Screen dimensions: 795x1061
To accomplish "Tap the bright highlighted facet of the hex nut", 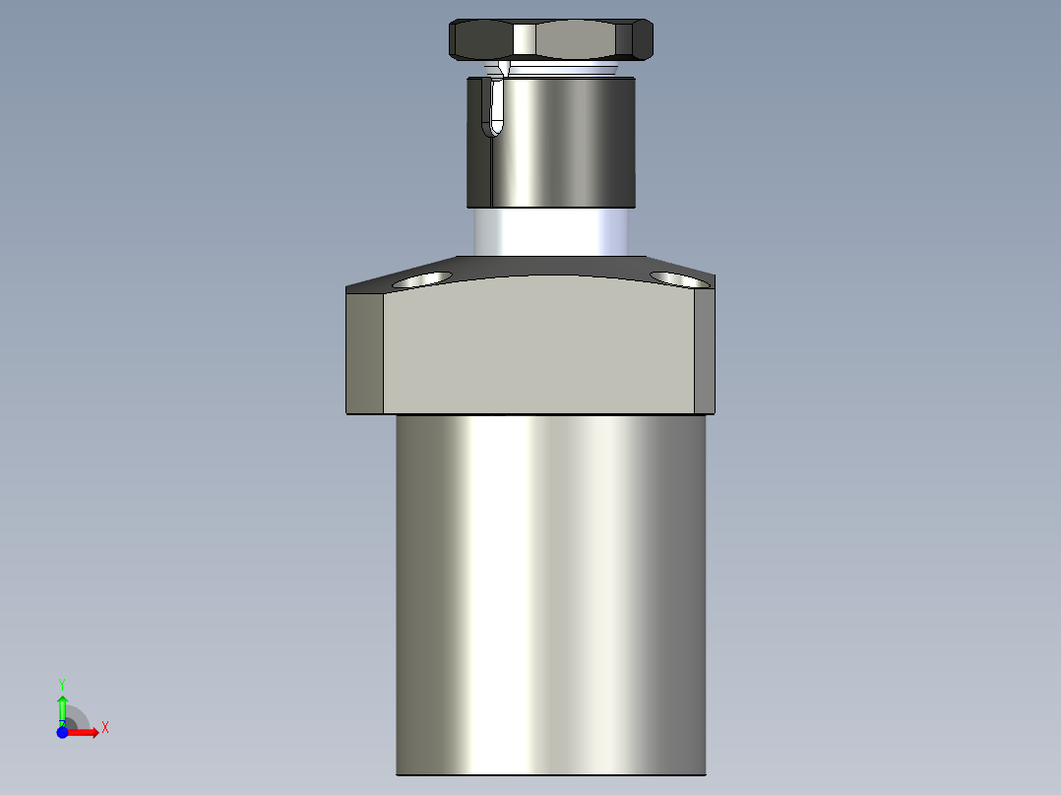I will pos(525,40).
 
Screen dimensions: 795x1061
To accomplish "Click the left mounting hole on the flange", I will pos(420,279).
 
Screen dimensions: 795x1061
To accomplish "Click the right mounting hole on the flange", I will pos(679,279).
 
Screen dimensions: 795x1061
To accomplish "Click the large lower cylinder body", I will pos(551,590).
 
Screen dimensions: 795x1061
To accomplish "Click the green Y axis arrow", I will pos(62,706).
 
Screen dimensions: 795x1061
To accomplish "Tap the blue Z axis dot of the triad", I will pos(62,732).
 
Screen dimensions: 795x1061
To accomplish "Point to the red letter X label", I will pos(105,728).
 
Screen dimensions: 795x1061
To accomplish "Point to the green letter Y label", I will pos(62,683).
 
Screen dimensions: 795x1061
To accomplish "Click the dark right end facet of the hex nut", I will pos(645,40).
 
